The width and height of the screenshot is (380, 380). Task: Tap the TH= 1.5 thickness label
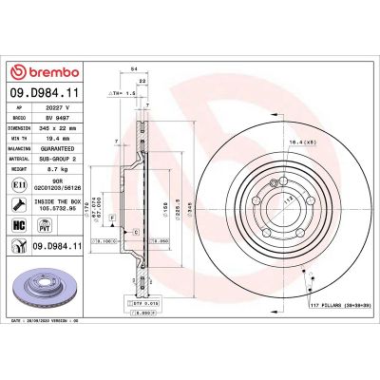point(121,94)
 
